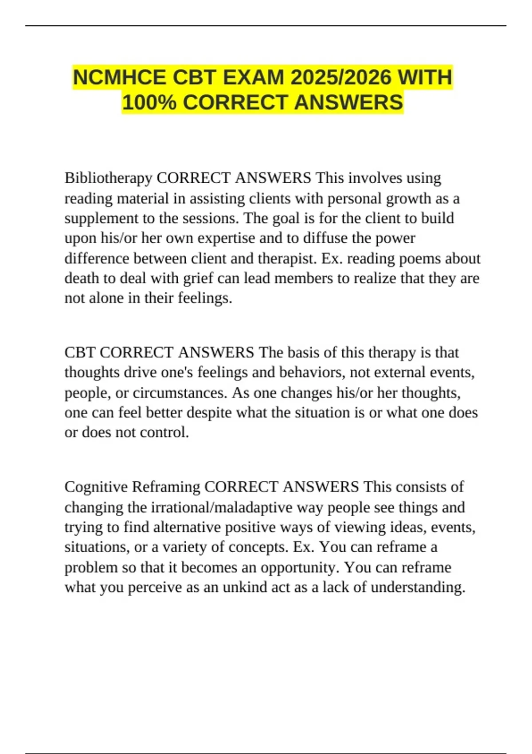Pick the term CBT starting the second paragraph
[x=80, y=353]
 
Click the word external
[x=397, y=373]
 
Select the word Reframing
[x=166, y=487]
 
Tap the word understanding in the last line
[x=418, y=588]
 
